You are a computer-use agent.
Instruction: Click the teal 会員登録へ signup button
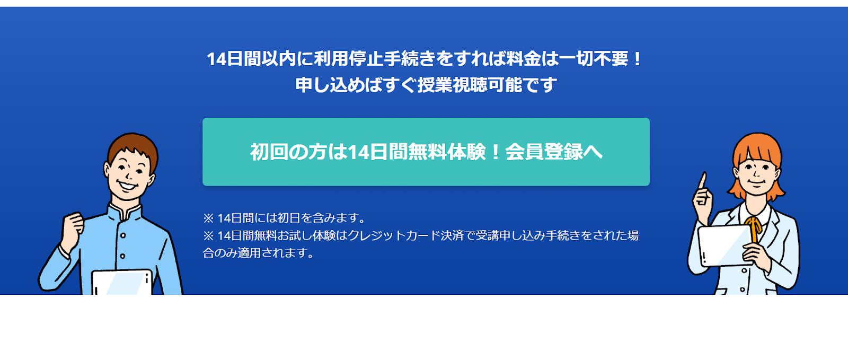coord(426,152)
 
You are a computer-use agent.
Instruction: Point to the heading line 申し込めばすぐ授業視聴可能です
coord(426,85)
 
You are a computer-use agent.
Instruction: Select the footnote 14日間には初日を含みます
coord(284,218)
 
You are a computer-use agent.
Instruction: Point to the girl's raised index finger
coord(703,181)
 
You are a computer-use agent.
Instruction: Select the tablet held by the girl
coord(725,245)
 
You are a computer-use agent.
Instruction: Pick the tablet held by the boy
coord(122,283)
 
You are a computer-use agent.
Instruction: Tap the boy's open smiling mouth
coord(127,186)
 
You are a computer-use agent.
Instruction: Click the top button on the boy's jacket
coord(123,235)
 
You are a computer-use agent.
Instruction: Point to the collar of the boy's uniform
coord(125,212)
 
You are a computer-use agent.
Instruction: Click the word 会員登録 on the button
coord(544,152)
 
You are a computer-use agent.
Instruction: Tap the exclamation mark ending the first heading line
coord(637,59)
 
